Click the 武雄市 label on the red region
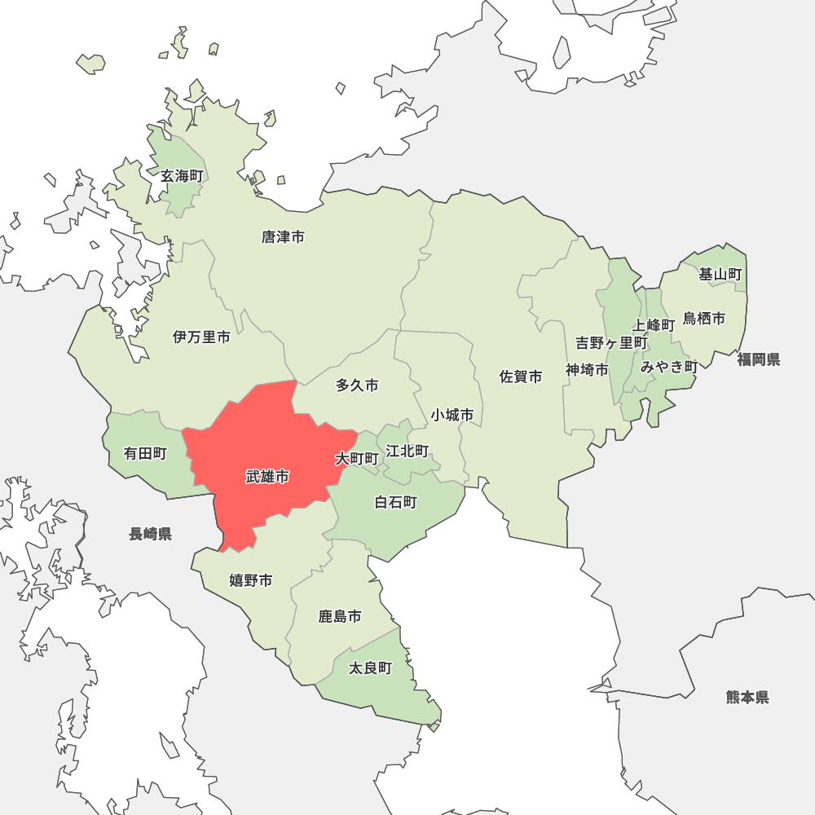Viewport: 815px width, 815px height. point(267,477)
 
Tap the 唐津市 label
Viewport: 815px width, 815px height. point(283,237)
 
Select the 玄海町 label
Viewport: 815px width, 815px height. point(181,176)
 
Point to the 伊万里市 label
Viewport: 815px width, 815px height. point(201,337)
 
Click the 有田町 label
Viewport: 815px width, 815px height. point(145,454)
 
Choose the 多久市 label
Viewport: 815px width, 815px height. point(357,385)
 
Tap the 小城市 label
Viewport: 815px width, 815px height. point(452,415)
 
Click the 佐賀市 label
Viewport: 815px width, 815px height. point(521,377)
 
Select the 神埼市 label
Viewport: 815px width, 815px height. point(587,370)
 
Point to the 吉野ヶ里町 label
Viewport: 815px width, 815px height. point(611,343)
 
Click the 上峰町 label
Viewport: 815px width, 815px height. point(654,325)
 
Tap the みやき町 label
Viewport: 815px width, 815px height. point(668,367)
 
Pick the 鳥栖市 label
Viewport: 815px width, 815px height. point(704,319)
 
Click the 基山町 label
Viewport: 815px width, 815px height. point(720,275)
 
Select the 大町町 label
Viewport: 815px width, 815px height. point(357,459)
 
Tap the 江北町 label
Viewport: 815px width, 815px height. point(407,451)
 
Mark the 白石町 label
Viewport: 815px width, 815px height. point(395,502)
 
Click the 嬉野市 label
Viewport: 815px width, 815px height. point(250,580)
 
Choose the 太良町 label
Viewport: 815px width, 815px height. point(370,668)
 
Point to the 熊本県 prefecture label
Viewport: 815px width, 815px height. point(747,697)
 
